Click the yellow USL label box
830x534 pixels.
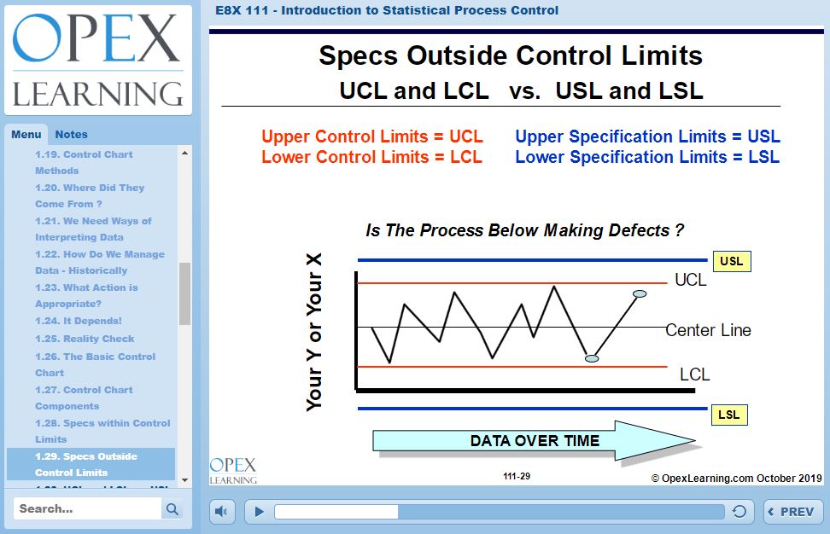coord(732,261)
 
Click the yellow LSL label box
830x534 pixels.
coord(729,415)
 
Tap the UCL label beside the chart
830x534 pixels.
coord(690,280)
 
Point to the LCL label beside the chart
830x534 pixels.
coord(694,374)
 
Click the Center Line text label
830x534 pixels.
coord(708,330)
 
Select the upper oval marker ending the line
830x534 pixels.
coord(640,294)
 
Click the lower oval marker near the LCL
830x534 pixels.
coord(592,358)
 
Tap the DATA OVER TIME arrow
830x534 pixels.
coord(534,440)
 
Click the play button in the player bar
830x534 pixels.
coord(259,511)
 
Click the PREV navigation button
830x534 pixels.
coord(793,512)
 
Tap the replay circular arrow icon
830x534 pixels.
coord(739,511)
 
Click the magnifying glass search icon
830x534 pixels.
coord(172,508)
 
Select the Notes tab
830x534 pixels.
coord(72,134)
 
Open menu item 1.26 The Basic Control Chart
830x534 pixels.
coord(96,364)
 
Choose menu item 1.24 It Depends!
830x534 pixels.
coord(79,321)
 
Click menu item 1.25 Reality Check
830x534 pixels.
coord(85,339)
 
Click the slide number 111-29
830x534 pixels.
coord(517,476)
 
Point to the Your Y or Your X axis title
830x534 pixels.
coord(314,332)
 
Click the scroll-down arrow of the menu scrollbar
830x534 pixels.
coord(184,480)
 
